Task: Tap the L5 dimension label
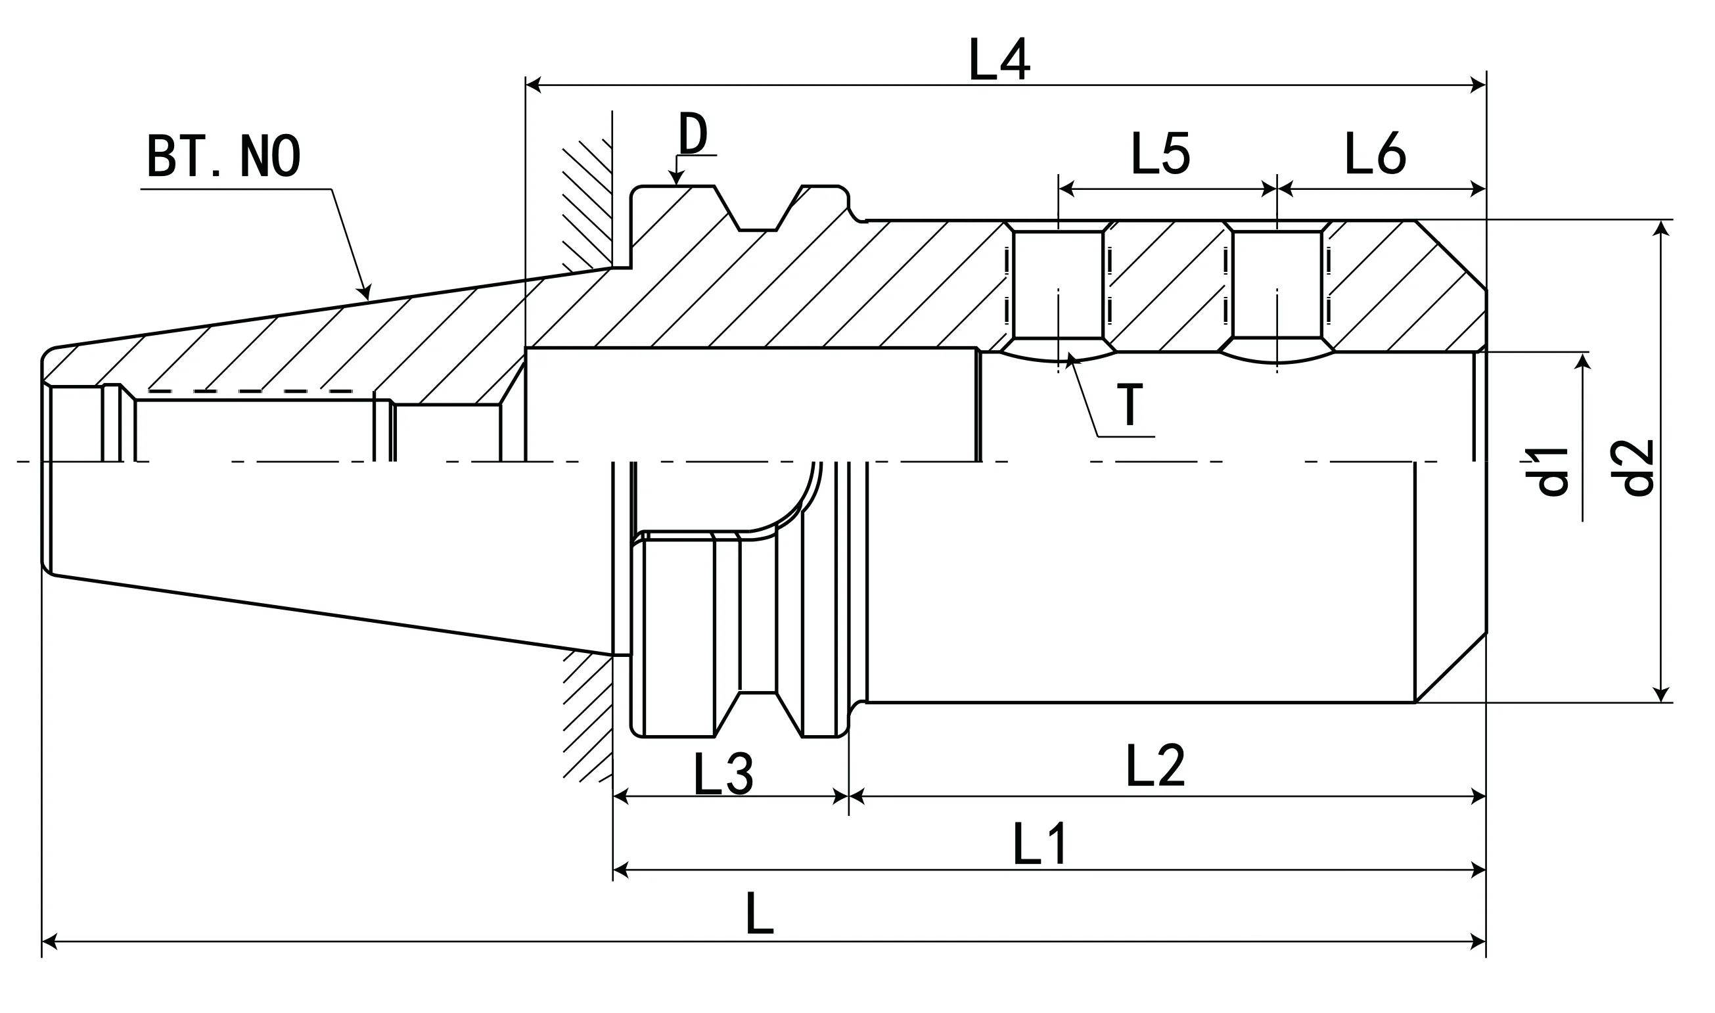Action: [x=1160, y=153]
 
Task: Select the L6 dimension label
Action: [x=1375, y=153]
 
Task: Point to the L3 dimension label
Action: [x=723, y=774]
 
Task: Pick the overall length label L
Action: [x=759, y=913]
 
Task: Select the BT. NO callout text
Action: [x=223, y=156]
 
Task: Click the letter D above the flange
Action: [x=693, y=134]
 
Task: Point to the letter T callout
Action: [x=1130, y=405]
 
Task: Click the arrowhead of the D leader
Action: [x=676, y=180]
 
